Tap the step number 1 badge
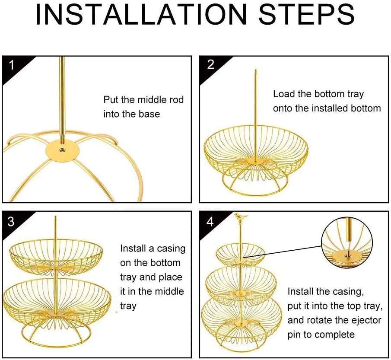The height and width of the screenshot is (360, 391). coord(12,65)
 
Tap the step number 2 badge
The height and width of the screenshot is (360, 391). coord(210,65)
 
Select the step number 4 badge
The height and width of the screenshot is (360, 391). coord(210,222)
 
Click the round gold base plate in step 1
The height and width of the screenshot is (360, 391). coord(63,149)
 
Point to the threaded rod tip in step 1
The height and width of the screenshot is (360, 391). coord(62,137)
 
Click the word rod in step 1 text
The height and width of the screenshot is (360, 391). coord(176,100)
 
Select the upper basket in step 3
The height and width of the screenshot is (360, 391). coord(56,255)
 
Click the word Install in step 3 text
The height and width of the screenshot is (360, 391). coord(134,248)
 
